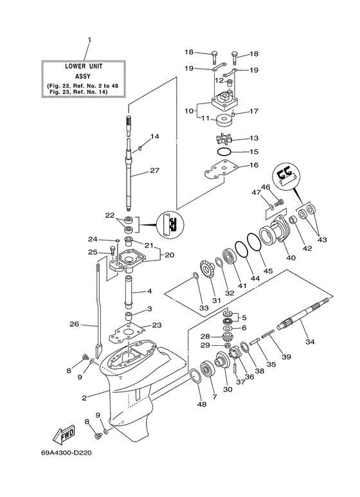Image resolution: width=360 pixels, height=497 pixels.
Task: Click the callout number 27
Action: coord(154,170)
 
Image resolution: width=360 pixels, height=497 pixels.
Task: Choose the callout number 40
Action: coord(291,258)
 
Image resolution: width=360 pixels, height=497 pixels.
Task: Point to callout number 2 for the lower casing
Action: coord(84,397)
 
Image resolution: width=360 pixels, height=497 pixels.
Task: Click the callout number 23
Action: coord(157,325)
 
